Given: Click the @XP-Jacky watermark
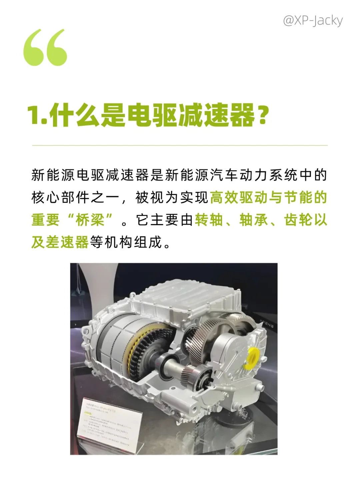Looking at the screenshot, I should tap(312, 21).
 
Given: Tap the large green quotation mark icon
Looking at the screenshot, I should tap(45, 47).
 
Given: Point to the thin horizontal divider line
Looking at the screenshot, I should tap(180, 145).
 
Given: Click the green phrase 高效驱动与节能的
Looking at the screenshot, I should tap(268, 197).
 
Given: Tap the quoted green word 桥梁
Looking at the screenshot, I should tap(90, 220).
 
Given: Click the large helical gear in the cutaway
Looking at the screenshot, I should tap(207, 328).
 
